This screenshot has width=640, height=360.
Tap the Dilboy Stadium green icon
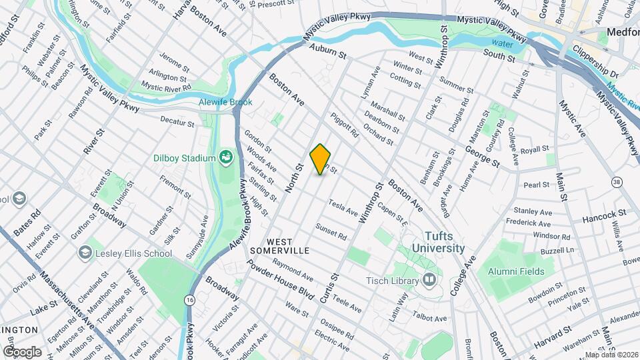(227, 157)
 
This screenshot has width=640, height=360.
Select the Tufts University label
(437, 242)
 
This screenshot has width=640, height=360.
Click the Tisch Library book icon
(430, 279)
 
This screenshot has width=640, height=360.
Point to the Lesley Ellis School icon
(85, 253)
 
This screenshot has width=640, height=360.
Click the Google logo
(22, 351)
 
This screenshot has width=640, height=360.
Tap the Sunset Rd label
(332, 232)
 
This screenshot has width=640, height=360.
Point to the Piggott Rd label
(345, 125)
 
